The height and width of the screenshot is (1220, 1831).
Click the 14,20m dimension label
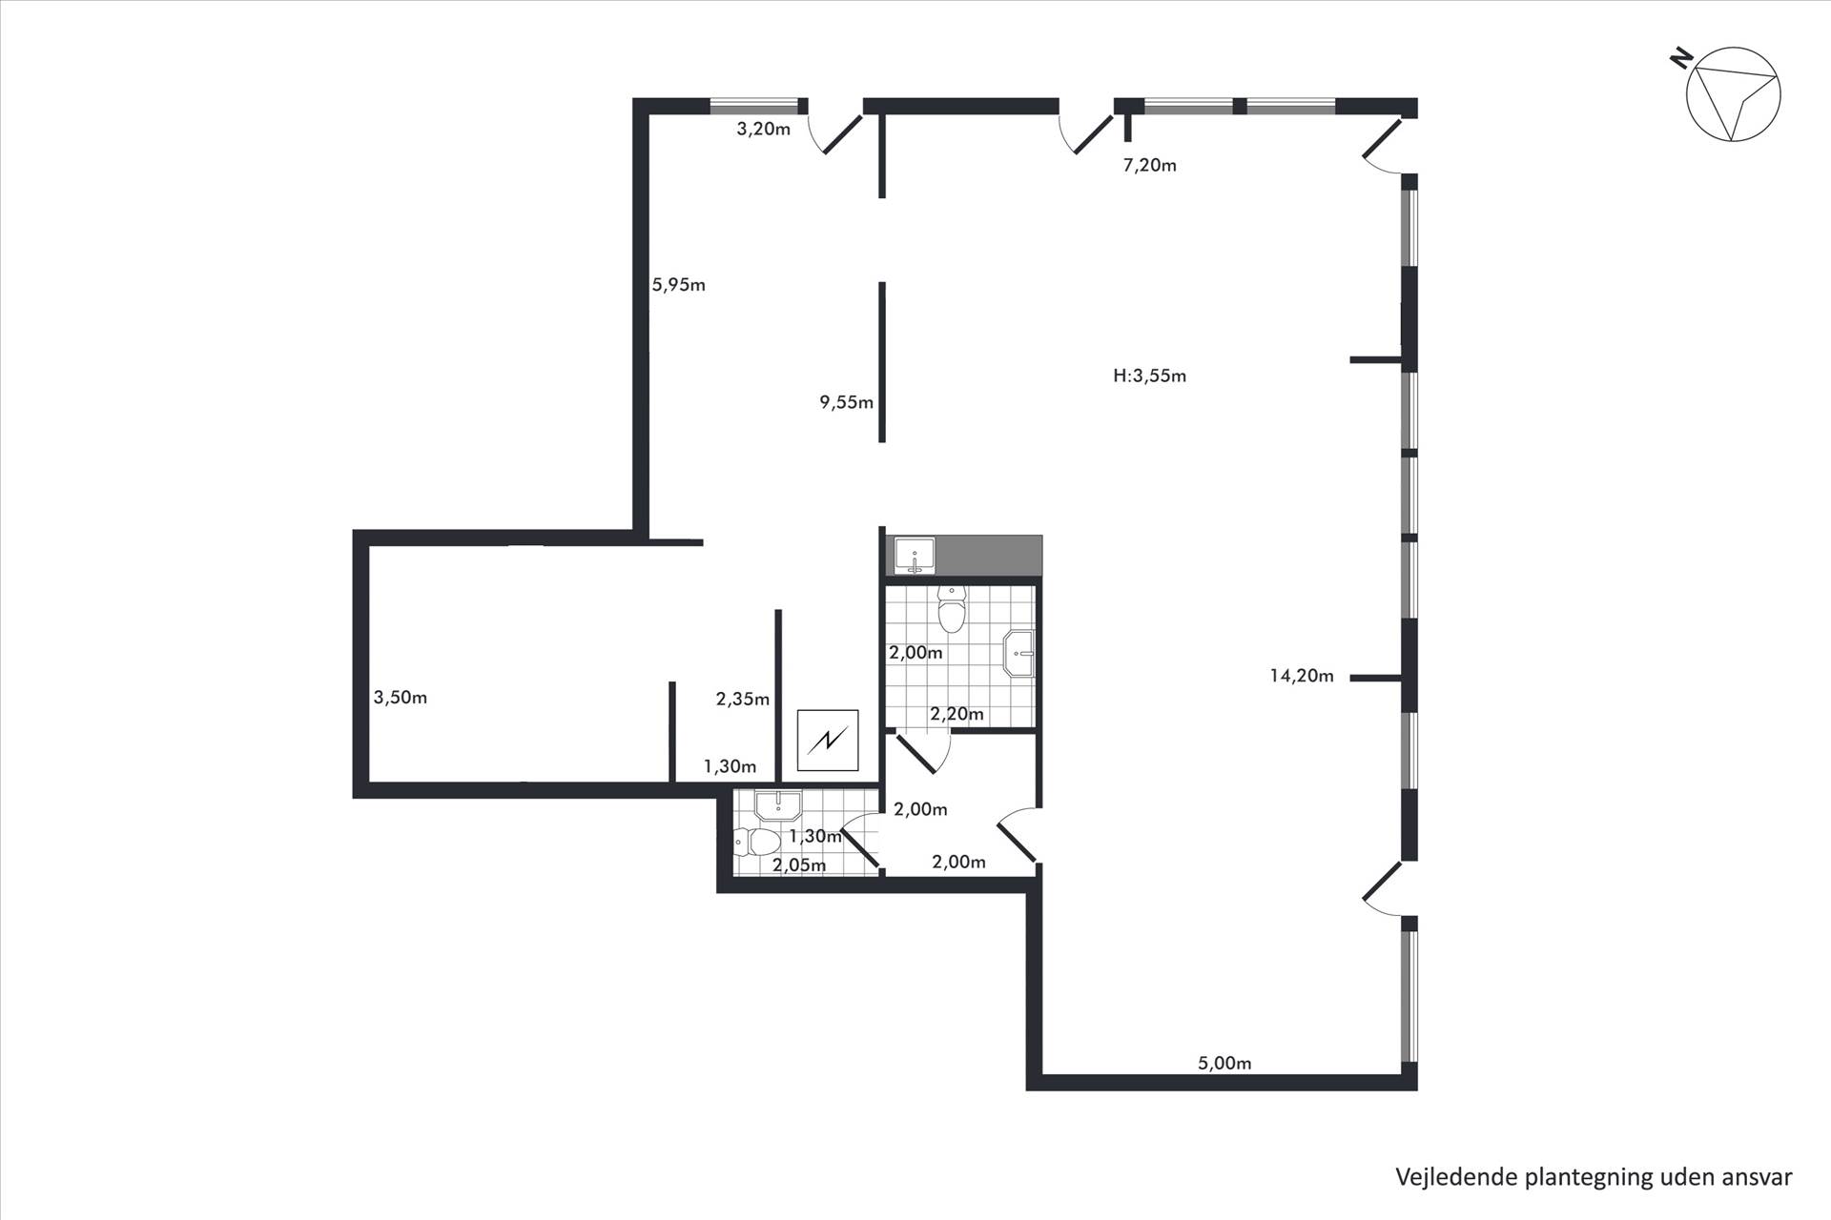pyautogui.click(x=1302, y=676)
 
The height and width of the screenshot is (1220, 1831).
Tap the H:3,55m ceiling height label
pyautogui.click(x=1150, y=376)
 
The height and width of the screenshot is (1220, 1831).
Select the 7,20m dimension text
pyautogui.click(x=1150, y=165)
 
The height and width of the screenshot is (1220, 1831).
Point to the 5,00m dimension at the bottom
pyautogui.click(x=1224, y=1063)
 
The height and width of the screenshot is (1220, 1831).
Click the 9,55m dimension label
pyautogui.click(x=847, y=402)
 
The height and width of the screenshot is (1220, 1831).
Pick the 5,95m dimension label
pyautogui.click(x=679, y=285)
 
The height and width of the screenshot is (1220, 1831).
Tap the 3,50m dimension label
pyautogui.click(x=401, y=698)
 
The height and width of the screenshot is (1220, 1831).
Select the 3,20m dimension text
pyautogui.click(x=764, y=130)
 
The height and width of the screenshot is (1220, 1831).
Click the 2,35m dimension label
pyautogui.click(x=743, y=700)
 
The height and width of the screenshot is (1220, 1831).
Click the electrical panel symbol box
pyautogui.click(x=828, y=741)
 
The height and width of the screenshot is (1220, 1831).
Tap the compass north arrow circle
pyautogui.click(x=1734, y=95)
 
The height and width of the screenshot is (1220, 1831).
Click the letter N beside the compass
pyautogui.click(x=1680, y=60)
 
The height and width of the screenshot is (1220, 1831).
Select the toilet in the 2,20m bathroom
pyautogui.click(x=953, y=608)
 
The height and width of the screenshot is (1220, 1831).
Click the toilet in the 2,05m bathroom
pyautogui.click(x=758, y=842)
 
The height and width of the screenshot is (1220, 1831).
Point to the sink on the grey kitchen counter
pyautogui.click(x=915, y=556)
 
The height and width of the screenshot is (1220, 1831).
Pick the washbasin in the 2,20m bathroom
pyautogui.click(x=1018, y=654)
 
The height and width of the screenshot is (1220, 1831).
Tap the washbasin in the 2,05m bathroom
pyautogui.click(x=780, y=806)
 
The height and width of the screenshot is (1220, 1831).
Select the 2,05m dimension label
pyautogui.click(x=799, y=865)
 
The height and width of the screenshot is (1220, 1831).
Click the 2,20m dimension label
pyautogui.click(x=957, y=714)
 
